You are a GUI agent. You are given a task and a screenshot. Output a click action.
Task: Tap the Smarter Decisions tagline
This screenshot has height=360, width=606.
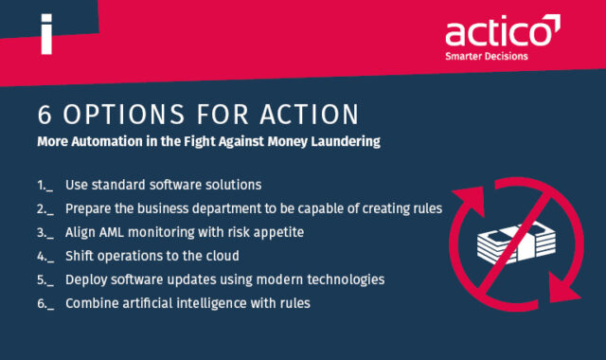click(x=487, y=57)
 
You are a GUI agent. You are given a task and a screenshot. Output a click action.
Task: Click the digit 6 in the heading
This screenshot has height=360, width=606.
click(x=45, y=115)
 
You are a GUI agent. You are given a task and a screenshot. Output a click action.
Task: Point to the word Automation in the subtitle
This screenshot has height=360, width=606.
click(x=113, y=142)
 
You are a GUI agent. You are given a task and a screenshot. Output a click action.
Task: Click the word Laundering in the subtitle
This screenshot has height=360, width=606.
click(x=342, y=142)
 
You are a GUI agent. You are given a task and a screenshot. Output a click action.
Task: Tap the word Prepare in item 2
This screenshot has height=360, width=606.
click(x=92, y=208)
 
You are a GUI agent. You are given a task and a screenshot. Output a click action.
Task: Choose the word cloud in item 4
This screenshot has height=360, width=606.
click(x=215, y=256)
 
